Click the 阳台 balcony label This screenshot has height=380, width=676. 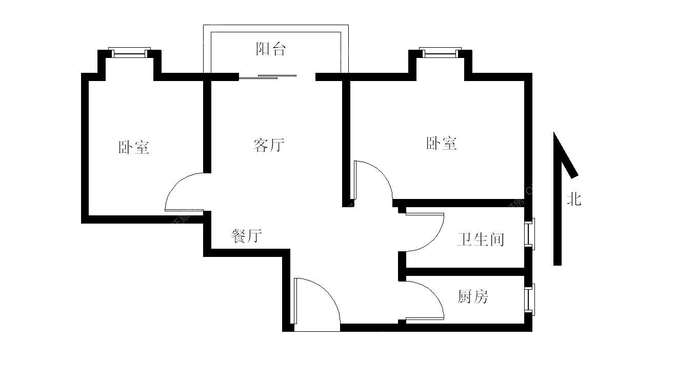(270, 49)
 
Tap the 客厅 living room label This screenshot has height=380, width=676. (268, 145)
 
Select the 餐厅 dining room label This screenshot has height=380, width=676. (247, 236)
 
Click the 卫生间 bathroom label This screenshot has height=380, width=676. (481, 239)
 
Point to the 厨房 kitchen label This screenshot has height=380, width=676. (473, 296)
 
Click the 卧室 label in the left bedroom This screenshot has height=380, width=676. (134, 148)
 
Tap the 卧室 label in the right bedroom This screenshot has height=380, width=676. (441, 143)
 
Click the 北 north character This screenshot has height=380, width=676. (573, 199)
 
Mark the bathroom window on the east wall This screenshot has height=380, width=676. (529, 234)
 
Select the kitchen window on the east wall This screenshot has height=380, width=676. (529, 299)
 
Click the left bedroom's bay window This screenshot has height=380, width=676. (129, 52)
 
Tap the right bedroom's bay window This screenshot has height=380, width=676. (440, 51)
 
